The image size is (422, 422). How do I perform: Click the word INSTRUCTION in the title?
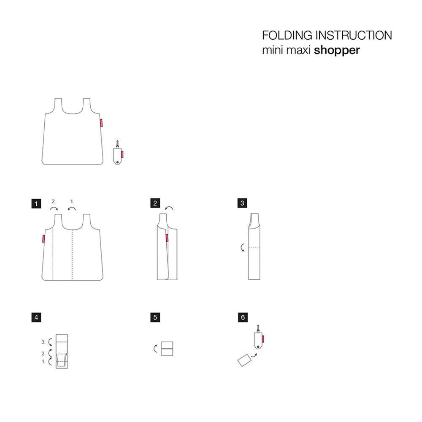pos(354,35)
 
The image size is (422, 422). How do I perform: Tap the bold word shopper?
pos(337,50)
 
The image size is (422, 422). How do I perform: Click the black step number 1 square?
pos(36,203)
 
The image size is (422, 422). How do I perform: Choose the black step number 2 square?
pos(155,203)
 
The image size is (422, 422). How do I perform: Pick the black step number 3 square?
pos(242,203)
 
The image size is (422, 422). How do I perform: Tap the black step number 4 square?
pos(36,317)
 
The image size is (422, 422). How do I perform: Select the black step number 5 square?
pos(155,317)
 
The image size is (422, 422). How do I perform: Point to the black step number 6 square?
pos(243,317)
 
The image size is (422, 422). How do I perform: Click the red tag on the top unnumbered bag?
pos(101,122)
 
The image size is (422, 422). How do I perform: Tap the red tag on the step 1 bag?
pos(43,238)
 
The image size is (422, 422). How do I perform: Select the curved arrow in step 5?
pos(155,349)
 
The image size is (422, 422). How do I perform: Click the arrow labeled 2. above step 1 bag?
pos(54,208)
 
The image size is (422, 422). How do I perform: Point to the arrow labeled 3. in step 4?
pos(50,342)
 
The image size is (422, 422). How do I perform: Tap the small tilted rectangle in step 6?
pos(244,360)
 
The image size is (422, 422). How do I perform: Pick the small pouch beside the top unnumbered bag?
pos(118,153)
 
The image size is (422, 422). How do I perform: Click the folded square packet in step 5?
pos(167,349)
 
